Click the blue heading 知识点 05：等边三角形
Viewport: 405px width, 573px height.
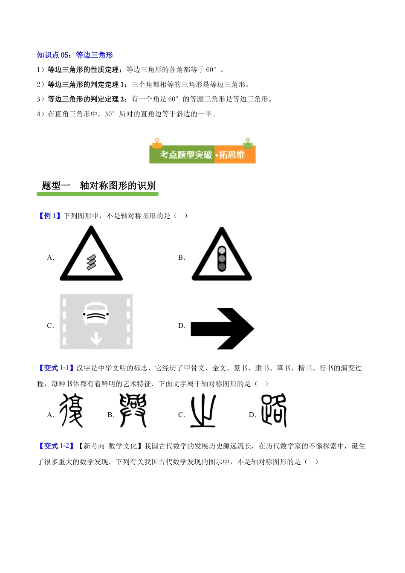[75, 55]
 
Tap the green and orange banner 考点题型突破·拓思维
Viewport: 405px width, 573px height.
[202, 154]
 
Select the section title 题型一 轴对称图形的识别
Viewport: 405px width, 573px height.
[98, 185]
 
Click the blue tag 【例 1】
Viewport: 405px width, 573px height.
[49, 216]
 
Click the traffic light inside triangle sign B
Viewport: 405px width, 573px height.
[222, 259]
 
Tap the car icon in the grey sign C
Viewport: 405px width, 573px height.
[96, 314]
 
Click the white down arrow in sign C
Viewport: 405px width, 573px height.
[96, 339]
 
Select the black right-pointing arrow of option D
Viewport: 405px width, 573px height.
[222, 329]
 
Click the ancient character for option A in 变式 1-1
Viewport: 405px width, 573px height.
[71, 410]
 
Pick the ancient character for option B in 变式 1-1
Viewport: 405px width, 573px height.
[133, 410]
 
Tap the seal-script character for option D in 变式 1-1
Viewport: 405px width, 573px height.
[274, 410]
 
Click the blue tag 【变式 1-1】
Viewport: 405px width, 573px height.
[56, 368]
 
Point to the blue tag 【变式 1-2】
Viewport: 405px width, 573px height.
[56, 446]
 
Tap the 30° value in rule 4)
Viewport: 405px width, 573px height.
[110, 114]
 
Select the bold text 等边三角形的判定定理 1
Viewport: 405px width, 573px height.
[87, 84]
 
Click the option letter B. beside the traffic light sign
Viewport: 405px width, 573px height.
[182, 258]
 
